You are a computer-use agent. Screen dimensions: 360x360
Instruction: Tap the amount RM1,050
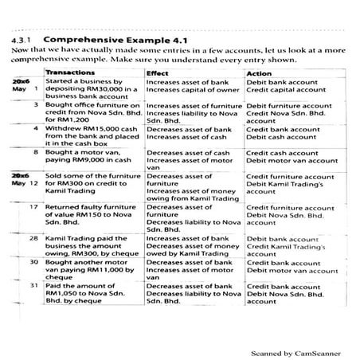[x=64, y=292]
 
